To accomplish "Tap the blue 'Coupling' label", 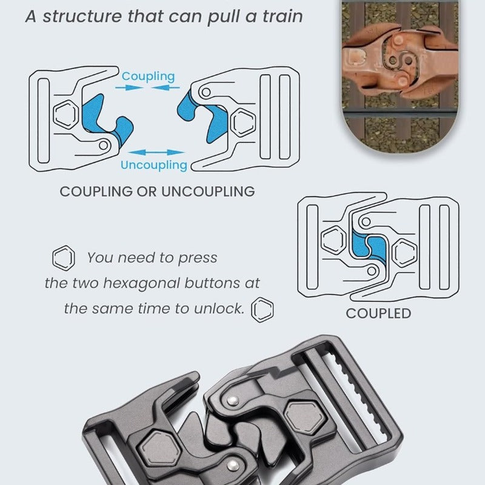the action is pos(148,76).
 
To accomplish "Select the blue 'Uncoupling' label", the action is pos(154,165).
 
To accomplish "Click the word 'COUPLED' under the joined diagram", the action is pos(378,313).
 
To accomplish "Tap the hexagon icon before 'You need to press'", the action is pos(64,258).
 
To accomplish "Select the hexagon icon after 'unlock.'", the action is pos(263,310).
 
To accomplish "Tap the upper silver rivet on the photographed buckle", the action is pos(232,401).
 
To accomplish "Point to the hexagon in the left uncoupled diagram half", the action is pos(65,115).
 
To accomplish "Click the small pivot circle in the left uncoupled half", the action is pos(104,145).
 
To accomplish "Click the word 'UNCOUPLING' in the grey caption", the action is pos(208,192).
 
